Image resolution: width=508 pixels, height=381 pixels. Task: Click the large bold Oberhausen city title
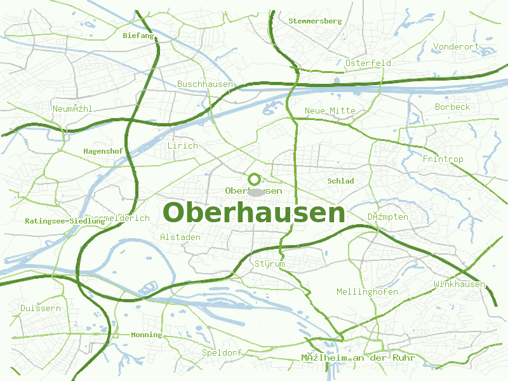click(254, 213)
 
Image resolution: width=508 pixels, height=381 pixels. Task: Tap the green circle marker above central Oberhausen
click(255, 179)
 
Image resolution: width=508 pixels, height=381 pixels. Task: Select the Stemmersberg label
click(315, 21)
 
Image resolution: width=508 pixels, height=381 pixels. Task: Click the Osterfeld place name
click(368, 63)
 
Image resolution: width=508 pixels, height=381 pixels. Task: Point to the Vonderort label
click(455, 46)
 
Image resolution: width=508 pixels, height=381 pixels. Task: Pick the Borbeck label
click(452, 107)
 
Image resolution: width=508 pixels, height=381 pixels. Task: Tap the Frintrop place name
click(443, 159)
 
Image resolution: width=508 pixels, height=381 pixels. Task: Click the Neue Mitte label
click(330, 110)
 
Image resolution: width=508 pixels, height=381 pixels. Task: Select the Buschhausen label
click(204, 84)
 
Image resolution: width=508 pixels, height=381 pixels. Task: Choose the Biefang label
click(138, 36)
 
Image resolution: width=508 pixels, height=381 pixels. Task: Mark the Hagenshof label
click(103, 151)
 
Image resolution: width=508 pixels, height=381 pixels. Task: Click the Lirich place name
click(182, 145)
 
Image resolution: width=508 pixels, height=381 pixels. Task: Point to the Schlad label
click(340, 181)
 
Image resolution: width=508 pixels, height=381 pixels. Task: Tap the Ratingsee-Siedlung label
click(65, 221)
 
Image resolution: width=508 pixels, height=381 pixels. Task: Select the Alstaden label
click(180, 237)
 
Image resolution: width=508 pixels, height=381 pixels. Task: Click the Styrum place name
click(269, 264)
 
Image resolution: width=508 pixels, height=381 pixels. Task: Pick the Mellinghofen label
click(367, 291)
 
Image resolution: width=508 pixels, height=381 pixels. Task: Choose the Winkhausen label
click(459, 284)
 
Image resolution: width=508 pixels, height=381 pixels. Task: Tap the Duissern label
click(40, 308)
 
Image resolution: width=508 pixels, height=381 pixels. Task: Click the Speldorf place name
click(222, 352)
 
